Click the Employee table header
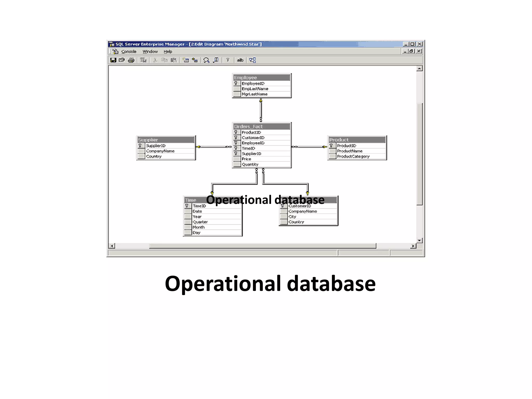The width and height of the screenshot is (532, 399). coord(261,77)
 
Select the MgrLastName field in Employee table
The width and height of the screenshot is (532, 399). coord(255,94)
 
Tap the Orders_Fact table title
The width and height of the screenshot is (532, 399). coord(261,127)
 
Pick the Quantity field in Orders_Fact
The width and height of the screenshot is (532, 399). coord(250,164)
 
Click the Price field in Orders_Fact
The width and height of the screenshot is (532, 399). coord(246,159)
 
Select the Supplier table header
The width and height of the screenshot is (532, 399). coord(166,140)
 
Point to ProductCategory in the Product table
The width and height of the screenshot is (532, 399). coord(353,156)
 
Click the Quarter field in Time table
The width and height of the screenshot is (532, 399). coord(200,222)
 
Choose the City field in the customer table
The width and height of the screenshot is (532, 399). coord(292,217)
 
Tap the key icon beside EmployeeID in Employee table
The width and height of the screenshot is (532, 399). coord(236,83)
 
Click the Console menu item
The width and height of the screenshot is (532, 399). coord(129,51)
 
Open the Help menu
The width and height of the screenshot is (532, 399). coord(168,51)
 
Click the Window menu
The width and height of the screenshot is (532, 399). coord(150,51)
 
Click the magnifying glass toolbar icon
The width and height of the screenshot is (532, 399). coord(206,60)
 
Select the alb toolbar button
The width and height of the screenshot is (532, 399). coord(240,60)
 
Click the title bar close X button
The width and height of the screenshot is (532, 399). coord(420,44)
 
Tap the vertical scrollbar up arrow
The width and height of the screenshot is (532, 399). coord(419,69)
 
